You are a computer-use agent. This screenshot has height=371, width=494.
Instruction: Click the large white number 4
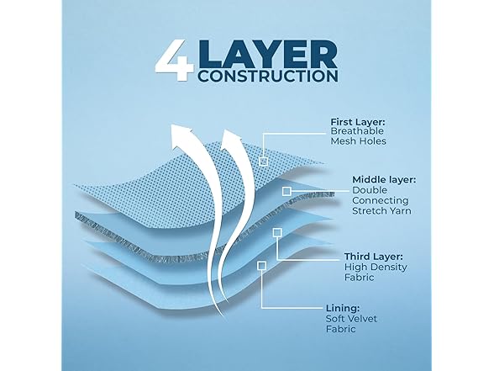click(174, 61)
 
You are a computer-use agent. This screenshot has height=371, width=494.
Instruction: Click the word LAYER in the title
click(268, 53)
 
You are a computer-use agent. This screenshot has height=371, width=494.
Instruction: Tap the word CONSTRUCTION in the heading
click(268, 76)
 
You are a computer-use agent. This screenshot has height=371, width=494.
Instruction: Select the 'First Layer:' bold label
click(358, 122)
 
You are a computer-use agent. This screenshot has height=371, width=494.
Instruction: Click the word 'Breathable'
click(357, 131)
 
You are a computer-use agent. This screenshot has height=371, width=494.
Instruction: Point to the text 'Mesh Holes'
click(358, 140)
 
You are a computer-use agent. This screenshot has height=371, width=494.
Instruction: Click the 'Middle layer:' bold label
click(384, 180)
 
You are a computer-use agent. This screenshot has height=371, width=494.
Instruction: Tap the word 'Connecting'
click(381, 200)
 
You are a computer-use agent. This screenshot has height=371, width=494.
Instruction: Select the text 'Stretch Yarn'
click(381, 210)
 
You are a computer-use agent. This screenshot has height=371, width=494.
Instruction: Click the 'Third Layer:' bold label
click(373, 257)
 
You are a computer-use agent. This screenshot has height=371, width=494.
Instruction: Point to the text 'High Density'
click(376, 267)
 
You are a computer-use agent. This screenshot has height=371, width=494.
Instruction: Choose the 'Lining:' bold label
click(343, 308)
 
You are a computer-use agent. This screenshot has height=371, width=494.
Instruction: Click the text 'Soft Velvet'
click(351, 318)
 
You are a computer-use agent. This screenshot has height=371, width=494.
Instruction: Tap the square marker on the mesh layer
click(264, 162)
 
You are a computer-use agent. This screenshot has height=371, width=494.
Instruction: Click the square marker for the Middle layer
click(286, 191)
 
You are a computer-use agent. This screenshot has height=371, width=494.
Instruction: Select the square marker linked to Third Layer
click(277, 233)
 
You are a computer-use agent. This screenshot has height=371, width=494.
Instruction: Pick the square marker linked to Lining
click(262, 266)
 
